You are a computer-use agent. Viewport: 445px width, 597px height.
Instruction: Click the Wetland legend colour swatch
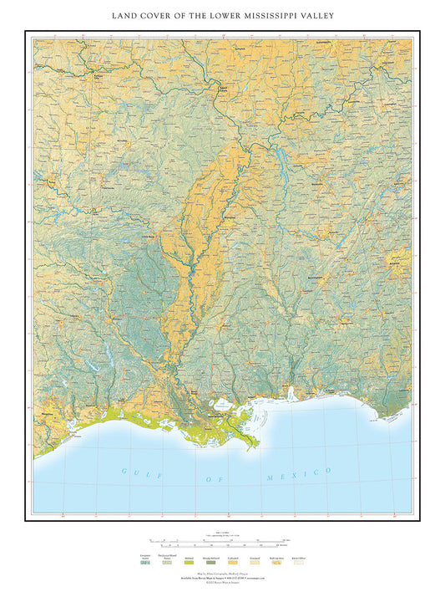coord(188,563)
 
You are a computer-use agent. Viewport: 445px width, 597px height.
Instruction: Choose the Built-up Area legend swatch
coord(276,563)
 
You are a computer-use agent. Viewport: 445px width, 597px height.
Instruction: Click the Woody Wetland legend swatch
coord(209,563)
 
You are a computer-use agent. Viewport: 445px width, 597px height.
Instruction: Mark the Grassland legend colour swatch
coord(254,563)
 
